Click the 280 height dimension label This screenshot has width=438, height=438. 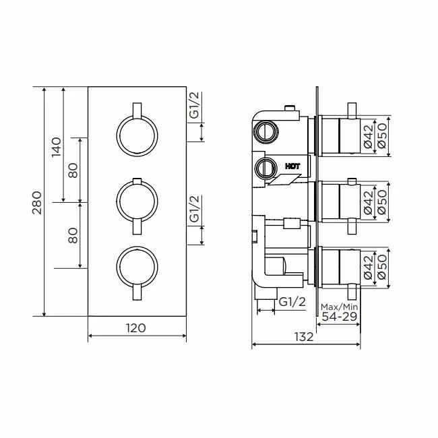click(37, 202)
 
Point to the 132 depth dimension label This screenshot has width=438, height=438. click(303, 337)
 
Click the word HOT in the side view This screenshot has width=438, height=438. click(292, 165)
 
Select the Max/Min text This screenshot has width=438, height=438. click(339, 307)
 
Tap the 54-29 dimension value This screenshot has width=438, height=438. click(339, 317)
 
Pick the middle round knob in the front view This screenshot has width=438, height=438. click(137, 201)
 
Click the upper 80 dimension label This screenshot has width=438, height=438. click(73, 170)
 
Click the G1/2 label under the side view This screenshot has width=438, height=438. click(292, 301)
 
